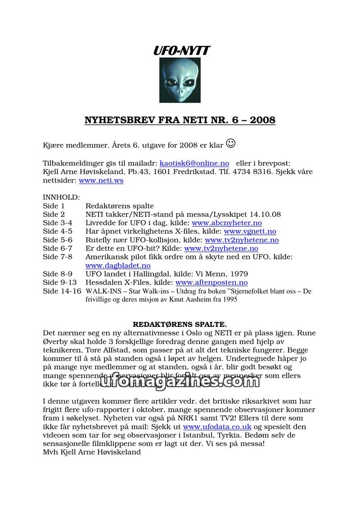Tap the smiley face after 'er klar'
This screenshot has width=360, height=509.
click(230, 144)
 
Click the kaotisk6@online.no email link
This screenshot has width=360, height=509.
click(194, 163)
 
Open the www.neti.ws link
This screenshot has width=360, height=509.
click(101, 181)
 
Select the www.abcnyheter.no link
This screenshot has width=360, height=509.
click(226, 223)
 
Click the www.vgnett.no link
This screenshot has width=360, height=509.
click(250, 232)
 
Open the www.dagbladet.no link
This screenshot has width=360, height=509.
click(118, 266)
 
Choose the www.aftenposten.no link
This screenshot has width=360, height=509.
click(211, 283)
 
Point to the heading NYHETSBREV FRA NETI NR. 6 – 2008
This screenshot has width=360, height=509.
click(180, 120)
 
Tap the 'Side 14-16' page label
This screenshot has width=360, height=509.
click(62, 291)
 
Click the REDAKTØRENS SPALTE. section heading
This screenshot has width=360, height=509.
click(180, 324)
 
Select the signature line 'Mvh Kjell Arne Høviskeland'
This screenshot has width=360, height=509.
click(92, 452)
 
